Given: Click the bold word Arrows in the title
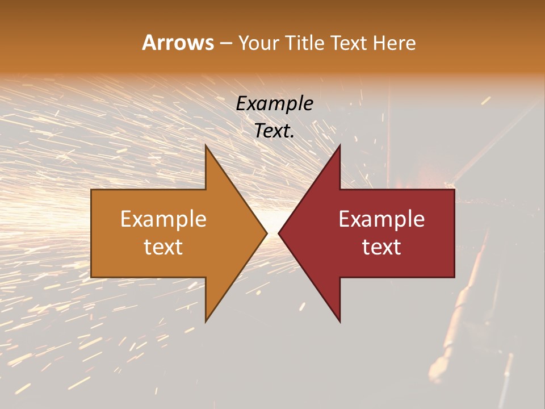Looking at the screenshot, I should click(178, 43).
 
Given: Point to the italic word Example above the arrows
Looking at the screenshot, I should click(275, 104).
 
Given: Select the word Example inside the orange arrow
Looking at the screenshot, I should click(163, 219).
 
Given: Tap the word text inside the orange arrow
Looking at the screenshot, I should click(163, 247).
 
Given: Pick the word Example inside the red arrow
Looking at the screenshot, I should click(381, 219).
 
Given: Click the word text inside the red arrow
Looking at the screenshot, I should click(381, 247).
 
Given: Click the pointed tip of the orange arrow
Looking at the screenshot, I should click(267, 233).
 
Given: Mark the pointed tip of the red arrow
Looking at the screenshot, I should click(279, 233).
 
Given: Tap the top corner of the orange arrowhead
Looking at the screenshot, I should click(206, 145).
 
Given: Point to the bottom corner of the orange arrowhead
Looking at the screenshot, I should click(206, 321).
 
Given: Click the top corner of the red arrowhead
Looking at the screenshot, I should click(339, 145).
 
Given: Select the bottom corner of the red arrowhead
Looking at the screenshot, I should click(339, 321).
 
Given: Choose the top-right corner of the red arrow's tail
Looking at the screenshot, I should click(454, 190).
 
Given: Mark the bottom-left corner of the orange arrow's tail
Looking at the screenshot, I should click(91, 277).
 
